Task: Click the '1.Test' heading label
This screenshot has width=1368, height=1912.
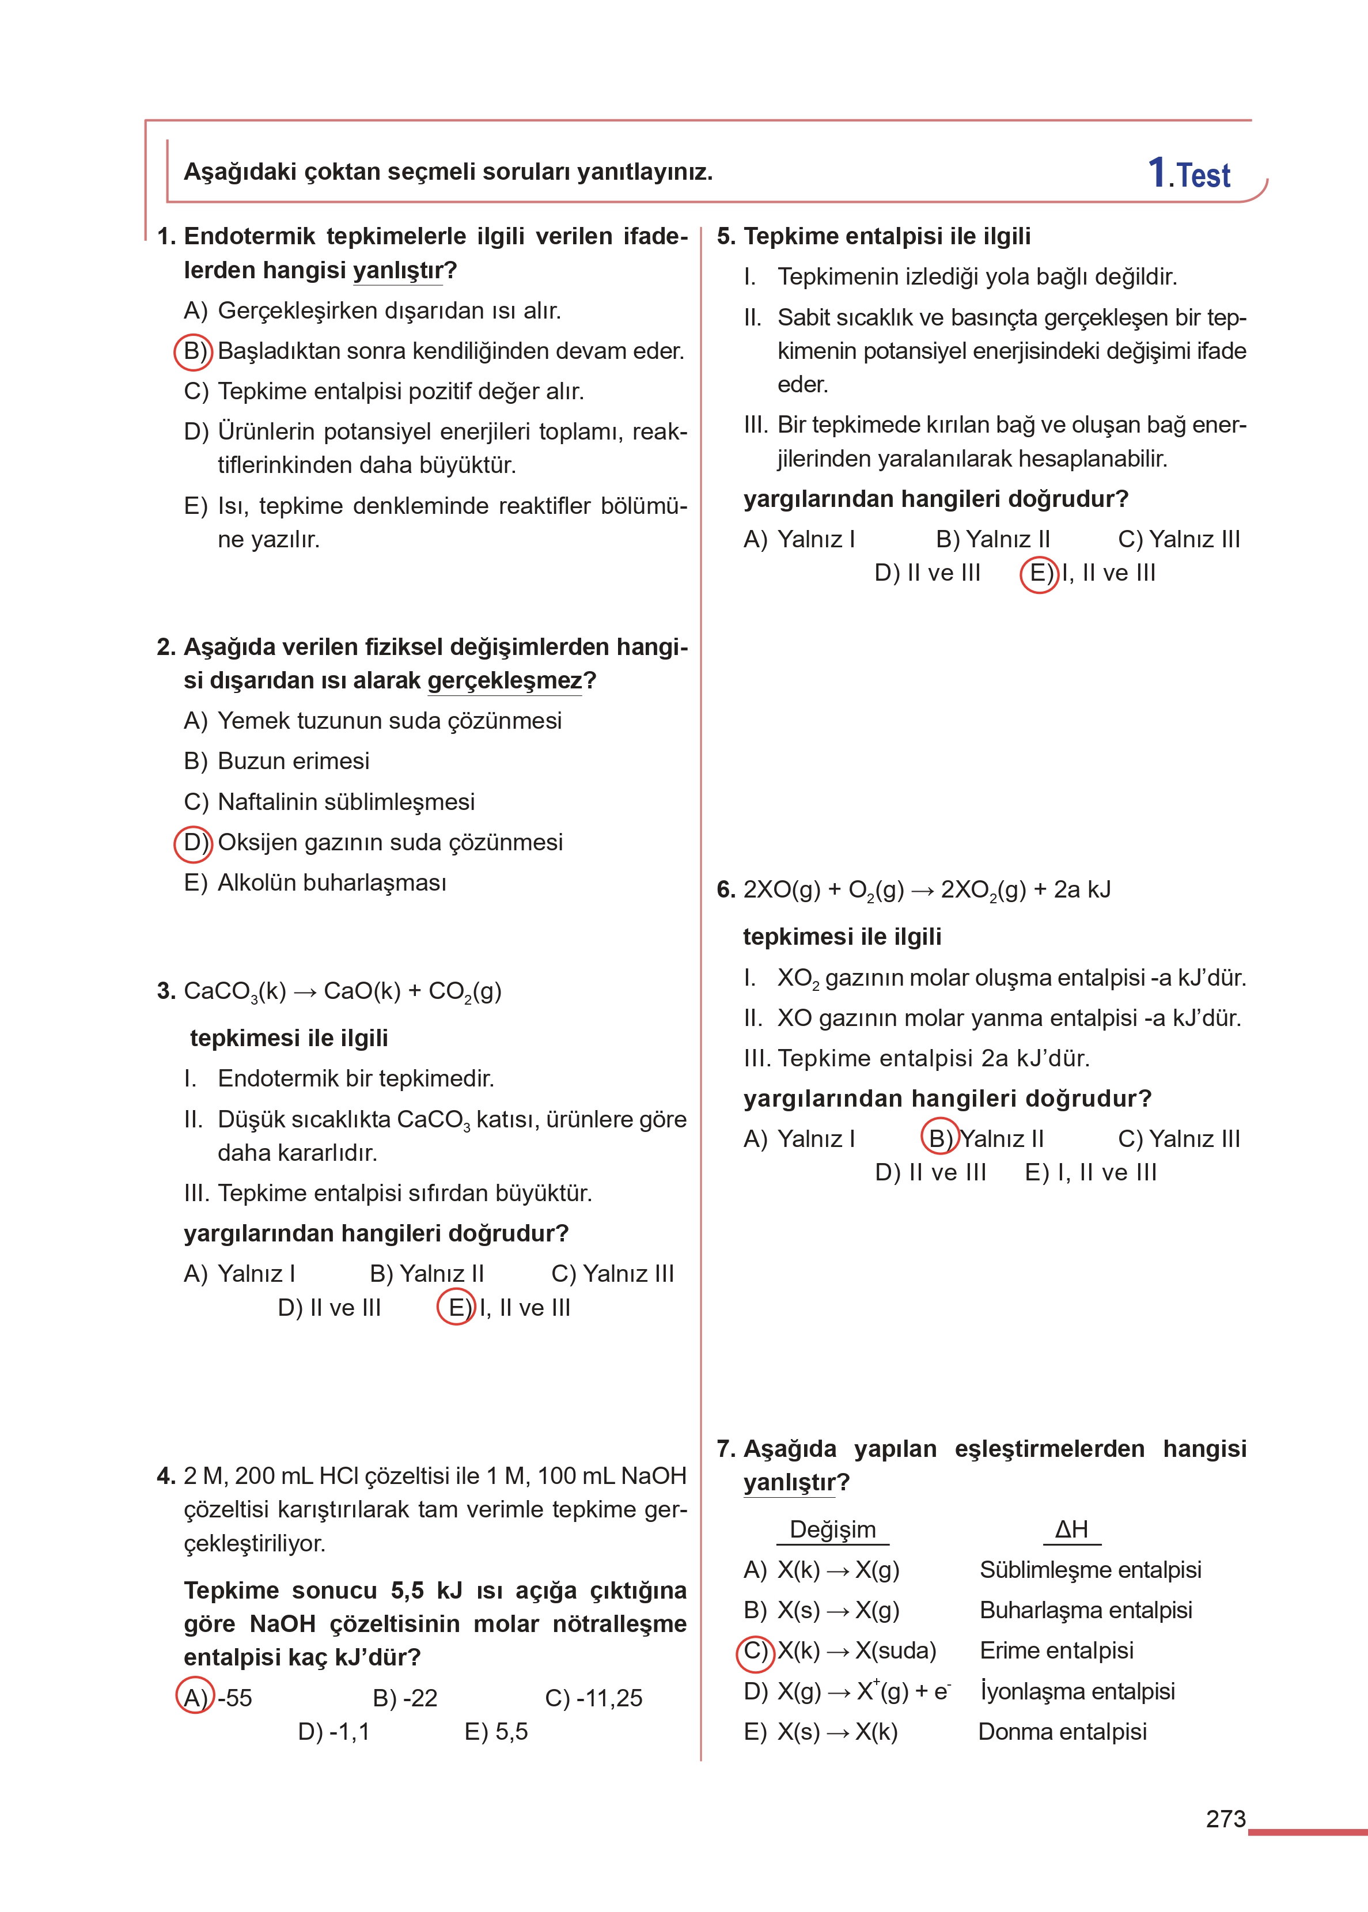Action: (x=1189, y=173)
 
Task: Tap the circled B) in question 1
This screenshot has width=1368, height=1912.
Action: (x=194, y=351)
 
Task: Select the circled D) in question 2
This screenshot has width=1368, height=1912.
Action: (x=194, y=843)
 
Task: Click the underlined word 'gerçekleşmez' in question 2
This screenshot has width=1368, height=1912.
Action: (x=505, y=680)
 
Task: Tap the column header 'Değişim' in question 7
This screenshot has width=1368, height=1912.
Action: (x=832, y=1529)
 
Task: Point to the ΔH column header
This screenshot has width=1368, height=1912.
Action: (x=1071, y=1529)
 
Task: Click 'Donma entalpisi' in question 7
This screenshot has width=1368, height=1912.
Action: (x=1062, y=1731)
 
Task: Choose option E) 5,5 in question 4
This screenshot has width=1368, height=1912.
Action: (x=496, y=1731)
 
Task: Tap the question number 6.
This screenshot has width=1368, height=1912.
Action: (x=725, y=889)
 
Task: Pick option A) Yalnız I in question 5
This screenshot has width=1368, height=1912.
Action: (x=798, y=539)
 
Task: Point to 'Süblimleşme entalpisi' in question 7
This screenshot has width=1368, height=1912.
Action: (x=1090, y=1569)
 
